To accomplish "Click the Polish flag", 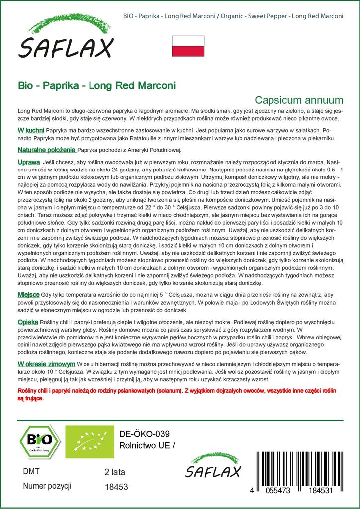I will click(187, 46).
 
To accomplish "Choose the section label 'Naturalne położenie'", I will click(47, 150).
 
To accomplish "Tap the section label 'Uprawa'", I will click(28, 163).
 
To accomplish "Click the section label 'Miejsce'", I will click(29, 295).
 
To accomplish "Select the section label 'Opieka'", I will click(28, 322).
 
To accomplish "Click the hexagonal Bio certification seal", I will click(35, 441).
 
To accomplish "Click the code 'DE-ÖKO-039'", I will click(141, 433).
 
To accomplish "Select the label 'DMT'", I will click(31, 471).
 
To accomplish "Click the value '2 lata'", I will click(115, 472).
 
